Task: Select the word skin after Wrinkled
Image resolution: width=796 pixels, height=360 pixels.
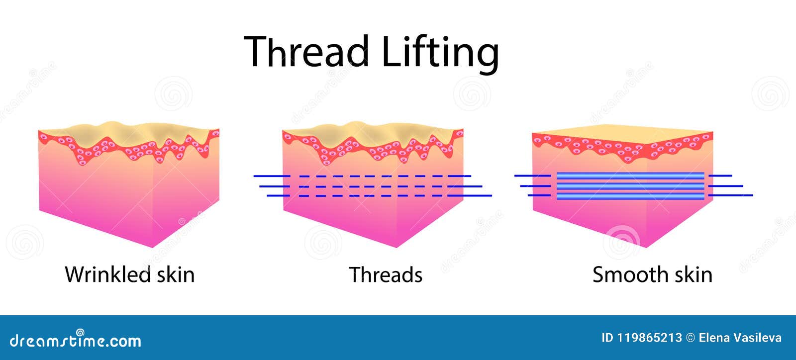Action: (174, 274)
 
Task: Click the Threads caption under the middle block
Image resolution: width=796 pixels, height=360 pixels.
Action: (386, 274)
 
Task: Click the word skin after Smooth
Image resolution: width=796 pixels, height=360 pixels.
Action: (692, 274)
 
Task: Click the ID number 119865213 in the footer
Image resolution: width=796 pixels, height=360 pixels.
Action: (649, 338)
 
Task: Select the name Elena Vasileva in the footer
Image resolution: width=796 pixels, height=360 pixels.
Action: (740, 338)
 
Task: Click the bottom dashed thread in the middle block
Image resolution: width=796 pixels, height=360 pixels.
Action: (378, 196)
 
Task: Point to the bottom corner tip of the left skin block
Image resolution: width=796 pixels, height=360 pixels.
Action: (151, 247)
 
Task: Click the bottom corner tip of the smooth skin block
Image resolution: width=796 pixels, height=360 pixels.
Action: (646, 247)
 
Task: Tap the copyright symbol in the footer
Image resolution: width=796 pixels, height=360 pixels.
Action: (690, 338)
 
